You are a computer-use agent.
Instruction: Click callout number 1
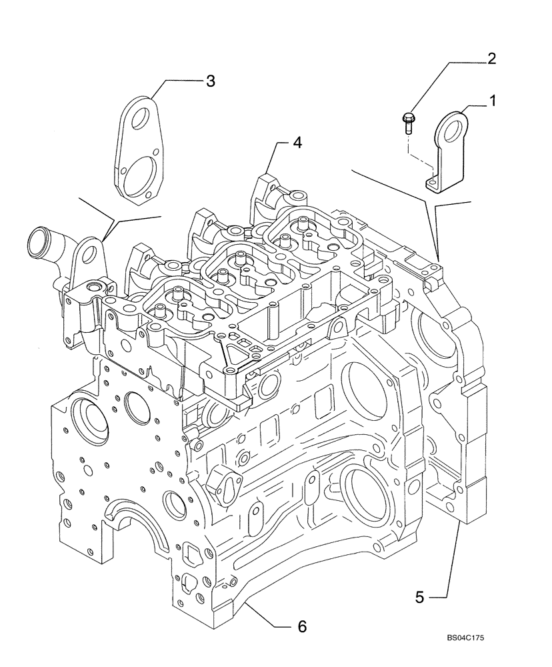[493, 101]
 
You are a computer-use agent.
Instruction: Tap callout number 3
[210, 81]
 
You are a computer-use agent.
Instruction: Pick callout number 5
[419, 597]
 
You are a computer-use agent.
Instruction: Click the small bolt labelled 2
[408, 122]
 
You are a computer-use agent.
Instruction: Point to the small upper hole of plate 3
[141, 121]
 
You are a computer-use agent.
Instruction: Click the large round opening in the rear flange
[432, 331]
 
